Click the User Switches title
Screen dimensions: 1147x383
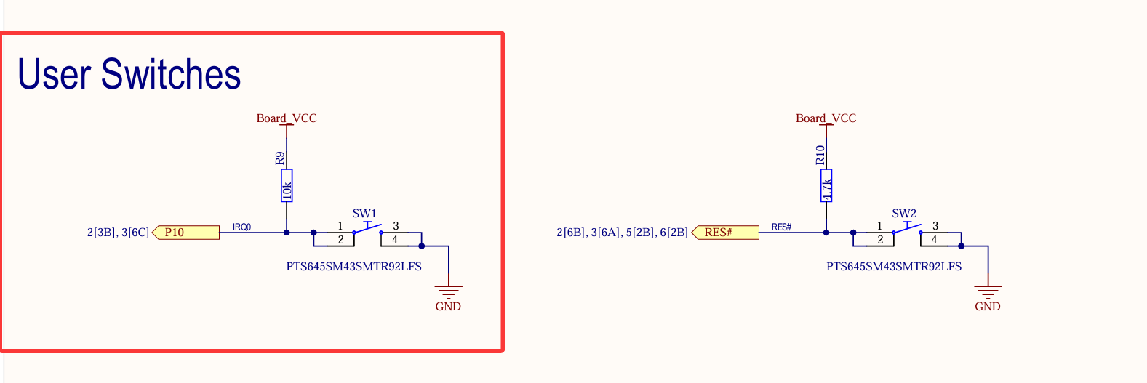pos(129,74)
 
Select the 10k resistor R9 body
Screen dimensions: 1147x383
pos(287,185)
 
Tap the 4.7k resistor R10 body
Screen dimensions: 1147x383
pos(826,185)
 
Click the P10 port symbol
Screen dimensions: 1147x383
pos(186,233)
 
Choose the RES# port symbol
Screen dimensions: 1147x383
pos(725,233)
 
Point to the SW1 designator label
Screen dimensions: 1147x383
pos(364,213)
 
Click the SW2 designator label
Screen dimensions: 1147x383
pos(904,213)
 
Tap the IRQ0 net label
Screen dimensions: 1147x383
pos(241,227)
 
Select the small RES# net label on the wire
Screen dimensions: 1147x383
pos(781,227)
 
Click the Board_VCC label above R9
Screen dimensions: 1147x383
pos(287,118)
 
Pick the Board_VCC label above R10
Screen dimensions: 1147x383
pos(826,118)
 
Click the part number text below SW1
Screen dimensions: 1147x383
pos(353,267)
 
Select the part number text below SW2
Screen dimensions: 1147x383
pos(894,267)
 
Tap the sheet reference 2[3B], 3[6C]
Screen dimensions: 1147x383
pos(118,233)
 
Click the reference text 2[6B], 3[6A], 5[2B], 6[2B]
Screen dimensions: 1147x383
pos(622,233)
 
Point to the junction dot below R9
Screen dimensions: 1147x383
pos(287,233)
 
